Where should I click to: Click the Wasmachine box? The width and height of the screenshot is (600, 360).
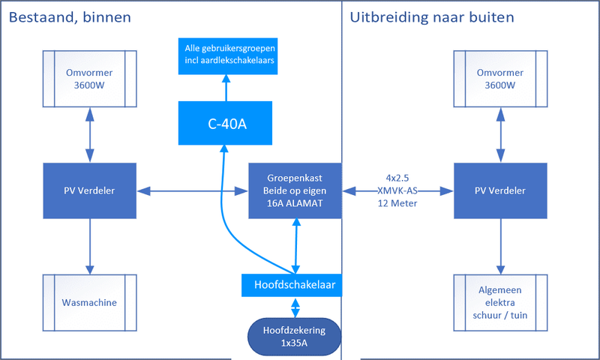coord(90,304)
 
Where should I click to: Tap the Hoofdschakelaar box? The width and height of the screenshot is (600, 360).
coord(292,285)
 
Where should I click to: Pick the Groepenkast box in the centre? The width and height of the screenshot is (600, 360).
coord(295,190)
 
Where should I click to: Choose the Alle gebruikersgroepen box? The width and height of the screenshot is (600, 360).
coord(227,55)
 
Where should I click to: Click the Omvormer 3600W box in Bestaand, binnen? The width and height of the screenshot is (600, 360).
coord(90,78)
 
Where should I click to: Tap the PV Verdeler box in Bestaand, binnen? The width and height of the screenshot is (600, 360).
coord(90,190)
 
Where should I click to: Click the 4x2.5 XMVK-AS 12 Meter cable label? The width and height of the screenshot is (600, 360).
coord(397,190)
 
